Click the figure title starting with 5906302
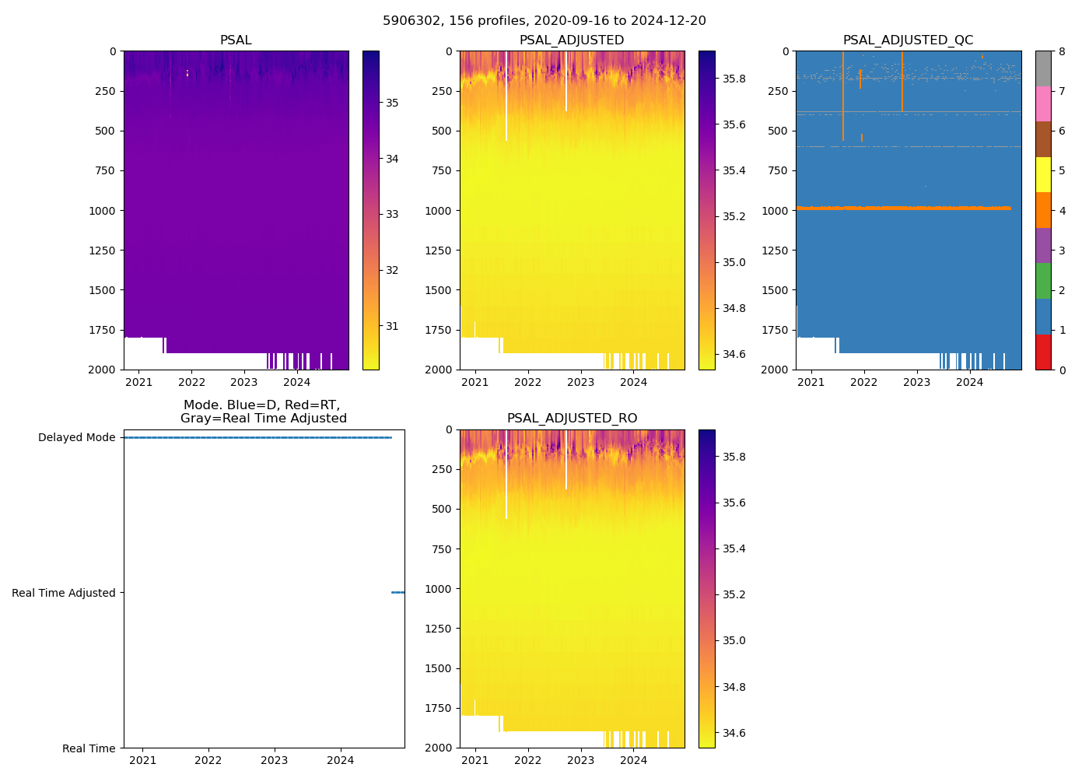544,21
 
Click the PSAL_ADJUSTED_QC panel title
908,40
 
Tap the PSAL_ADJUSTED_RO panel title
572,419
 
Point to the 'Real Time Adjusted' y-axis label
64,593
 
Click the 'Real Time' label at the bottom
89,748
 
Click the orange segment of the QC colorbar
1042,210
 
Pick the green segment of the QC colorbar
1042,281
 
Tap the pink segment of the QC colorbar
1042,103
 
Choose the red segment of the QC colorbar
1042,352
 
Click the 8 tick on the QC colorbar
1062,51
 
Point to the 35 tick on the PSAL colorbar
393,103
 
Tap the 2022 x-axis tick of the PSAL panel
191,382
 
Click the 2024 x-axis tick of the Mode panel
341,760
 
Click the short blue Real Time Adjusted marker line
397,593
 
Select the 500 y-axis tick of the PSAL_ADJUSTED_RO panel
441,509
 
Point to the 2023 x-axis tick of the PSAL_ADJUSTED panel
580,382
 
